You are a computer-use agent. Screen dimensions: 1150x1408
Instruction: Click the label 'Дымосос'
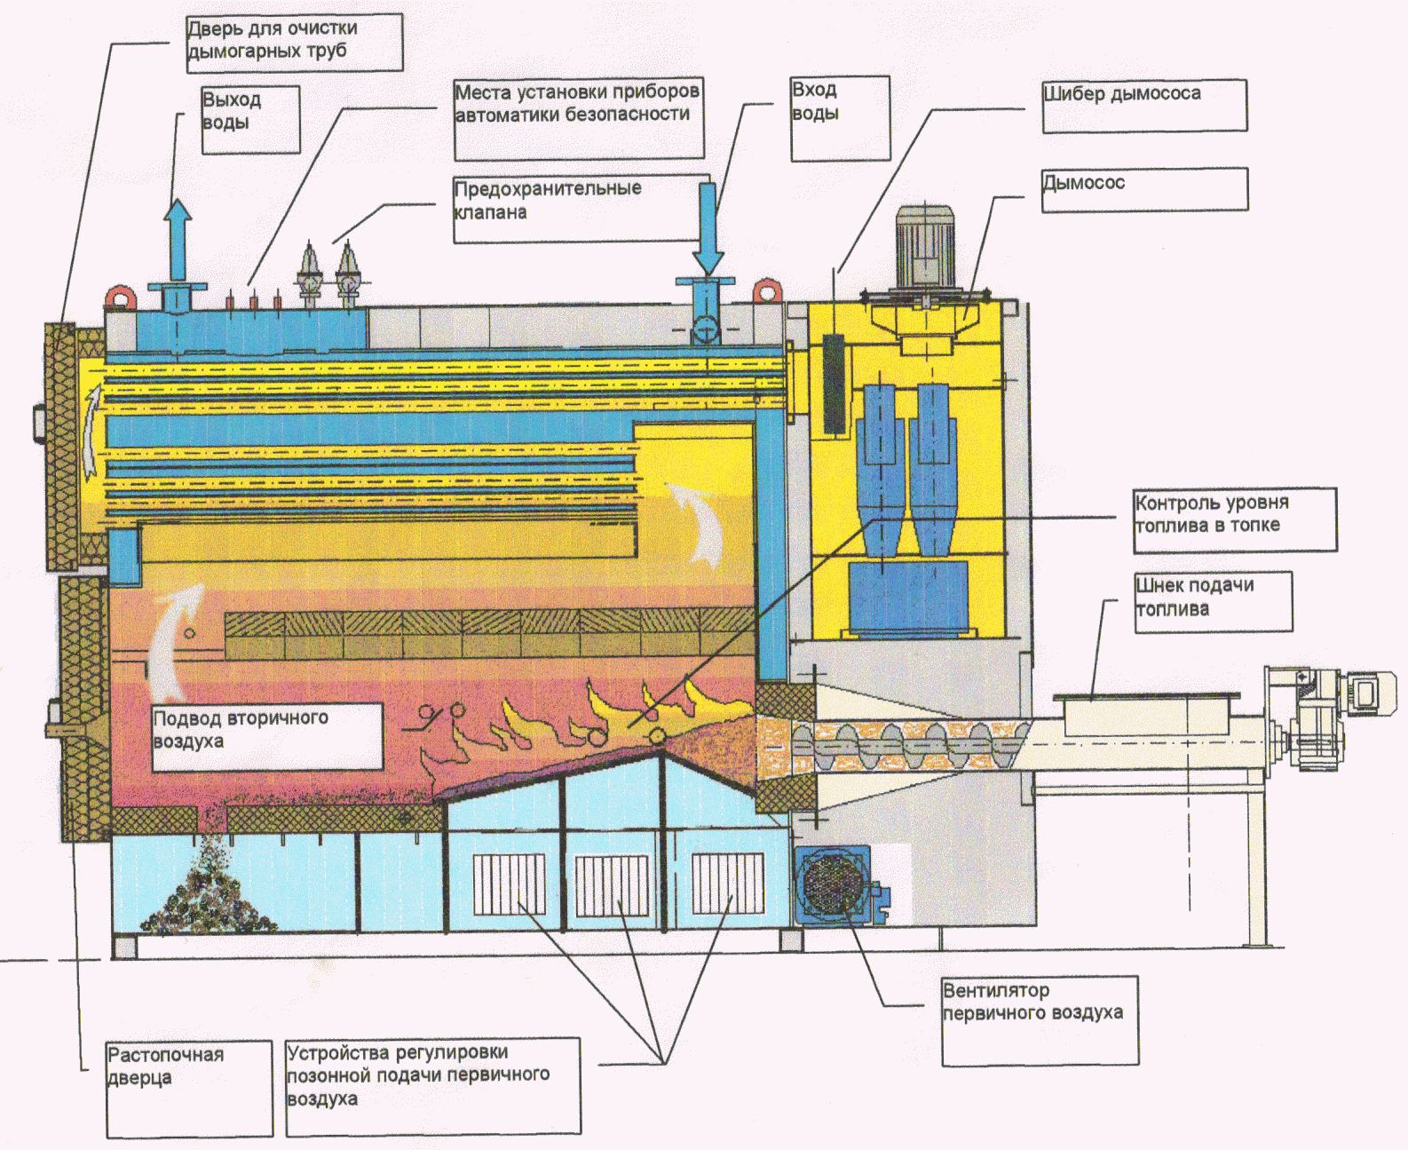click(x=1143, y=189)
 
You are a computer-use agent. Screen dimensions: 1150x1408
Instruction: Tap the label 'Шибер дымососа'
click(x=1143, y=106)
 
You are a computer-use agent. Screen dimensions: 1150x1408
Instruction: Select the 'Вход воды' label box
click(x=840, y=118)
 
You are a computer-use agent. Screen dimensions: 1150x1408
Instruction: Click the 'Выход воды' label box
click(x=250, y=119)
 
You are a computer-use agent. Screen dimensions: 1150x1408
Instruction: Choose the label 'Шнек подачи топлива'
click(x=1213, y=601)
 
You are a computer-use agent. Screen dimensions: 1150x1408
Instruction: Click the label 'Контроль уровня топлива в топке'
click(x=1234, y=519)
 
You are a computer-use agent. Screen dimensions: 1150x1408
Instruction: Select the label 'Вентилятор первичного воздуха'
click(x=1039, y=1019)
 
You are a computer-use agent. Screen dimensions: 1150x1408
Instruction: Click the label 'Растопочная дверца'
click(x=189, y=1088)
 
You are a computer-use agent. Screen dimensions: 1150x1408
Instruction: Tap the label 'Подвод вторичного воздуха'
click(x=266, y=736)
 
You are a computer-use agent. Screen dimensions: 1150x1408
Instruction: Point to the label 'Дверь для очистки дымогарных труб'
click(x=294, y=42)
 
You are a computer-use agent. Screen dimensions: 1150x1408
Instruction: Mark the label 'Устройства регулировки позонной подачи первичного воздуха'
click(x=432, y=1086)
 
